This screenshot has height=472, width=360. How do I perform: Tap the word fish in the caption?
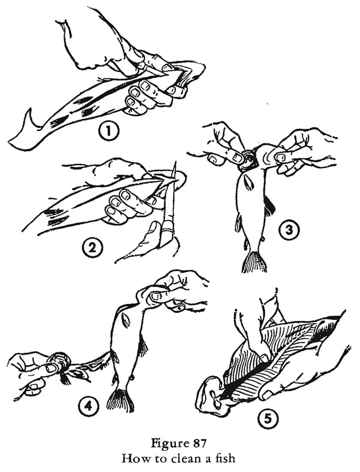coord(227,458)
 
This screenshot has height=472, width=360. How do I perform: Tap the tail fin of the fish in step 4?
coord(121,399)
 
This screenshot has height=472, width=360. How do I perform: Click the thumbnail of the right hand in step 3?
coord(279,157)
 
